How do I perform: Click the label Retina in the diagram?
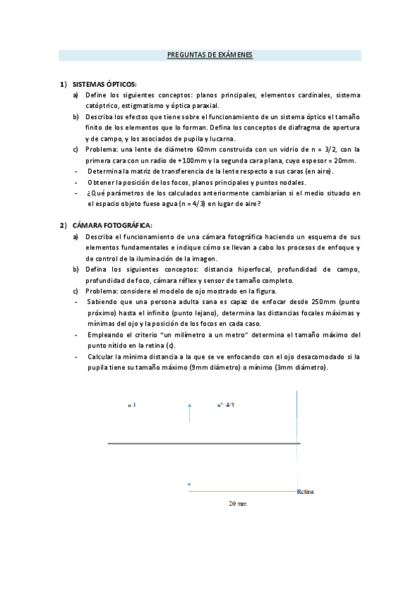tap(306, 492)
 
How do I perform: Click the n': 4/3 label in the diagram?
tap(225, 405)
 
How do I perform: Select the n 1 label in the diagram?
tap(132, 405)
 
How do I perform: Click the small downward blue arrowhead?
tap(189, 485)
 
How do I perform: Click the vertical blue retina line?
tap(299, 434)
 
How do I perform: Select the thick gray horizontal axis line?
tap(203, 444)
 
